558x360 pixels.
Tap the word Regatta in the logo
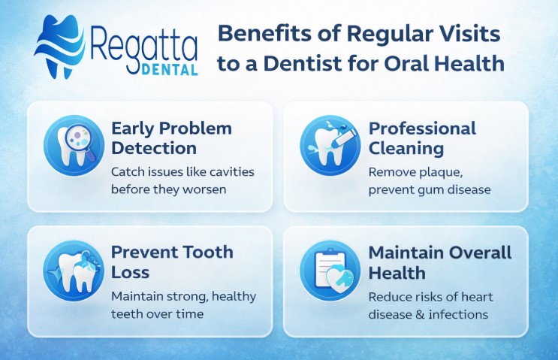tap(143, 44)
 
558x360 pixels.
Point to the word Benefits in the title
tap(259, 34)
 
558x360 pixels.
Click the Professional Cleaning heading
tap(422, 138)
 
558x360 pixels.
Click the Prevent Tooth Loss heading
tap(172, 262)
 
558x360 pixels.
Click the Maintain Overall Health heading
tap(440, 262)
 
